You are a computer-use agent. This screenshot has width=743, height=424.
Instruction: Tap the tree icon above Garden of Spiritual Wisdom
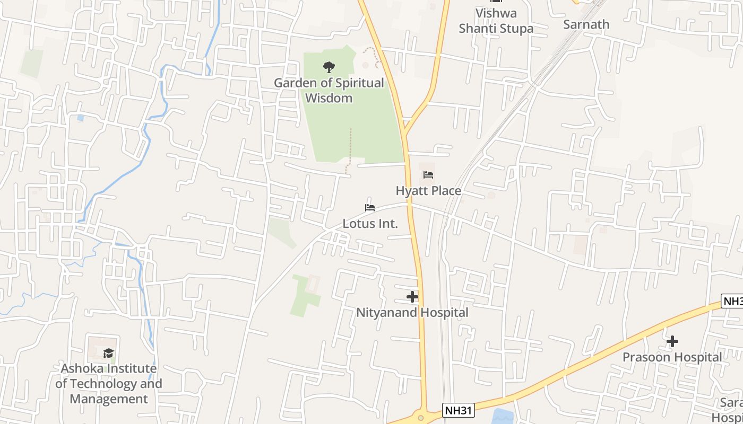point(329,67)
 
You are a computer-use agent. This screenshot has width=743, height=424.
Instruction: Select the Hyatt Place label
point(428,191)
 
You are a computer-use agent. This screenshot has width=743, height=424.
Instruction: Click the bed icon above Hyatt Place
point(428,175)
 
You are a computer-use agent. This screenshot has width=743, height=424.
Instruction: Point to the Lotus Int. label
point(370,224)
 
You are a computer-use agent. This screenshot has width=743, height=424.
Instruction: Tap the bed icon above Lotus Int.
point(370,208)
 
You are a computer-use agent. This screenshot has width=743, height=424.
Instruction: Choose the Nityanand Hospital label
point(412,313)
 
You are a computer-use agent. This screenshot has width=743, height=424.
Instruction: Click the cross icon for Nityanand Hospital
point(412,297)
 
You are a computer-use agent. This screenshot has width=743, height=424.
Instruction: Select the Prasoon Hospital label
point(672,357)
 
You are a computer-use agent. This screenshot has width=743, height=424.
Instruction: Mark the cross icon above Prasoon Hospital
point(672,341)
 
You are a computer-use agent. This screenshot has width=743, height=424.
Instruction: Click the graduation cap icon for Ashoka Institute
point(109,353)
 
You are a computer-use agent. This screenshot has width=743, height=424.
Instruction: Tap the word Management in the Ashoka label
point(109,399)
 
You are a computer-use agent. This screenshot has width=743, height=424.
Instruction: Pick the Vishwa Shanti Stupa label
point(496,21)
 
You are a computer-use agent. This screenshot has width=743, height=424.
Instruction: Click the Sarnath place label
point(586,24)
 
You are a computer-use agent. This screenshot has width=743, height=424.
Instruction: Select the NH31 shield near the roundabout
point(458,410)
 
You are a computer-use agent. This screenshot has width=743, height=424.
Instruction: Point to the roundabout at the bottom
point(421,418)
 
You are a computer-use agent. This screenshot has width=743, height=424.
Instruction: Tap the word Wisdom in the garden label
point(329,98)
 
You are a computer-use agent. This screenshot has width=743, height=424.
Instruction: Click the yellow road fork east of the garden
point(405,130)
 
